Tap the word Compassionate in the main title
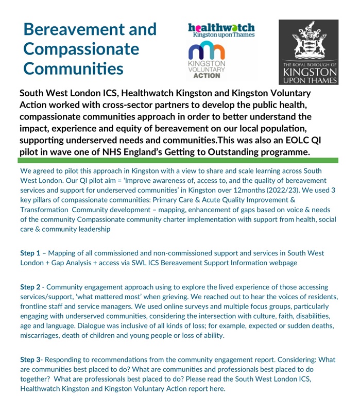81,49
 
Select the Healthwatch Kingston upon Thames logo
221,30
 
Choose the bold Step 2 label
30,287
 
